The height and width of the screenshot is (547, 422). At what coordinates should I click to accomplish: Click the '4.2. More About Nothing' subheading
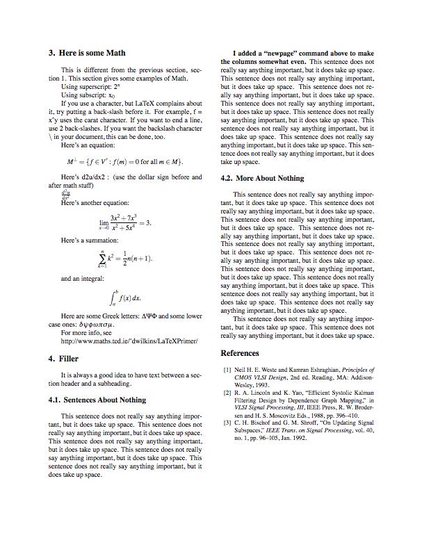point(261,178)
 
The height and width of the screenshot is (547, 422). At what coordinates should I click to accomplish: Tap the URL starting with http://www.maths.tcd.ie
point(129,341)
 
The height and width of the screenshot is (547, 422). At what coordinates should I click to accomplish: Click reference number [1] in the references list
point(227,370)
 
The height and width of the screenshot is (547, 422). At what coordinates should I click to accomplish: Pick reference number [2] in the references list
point(227,393)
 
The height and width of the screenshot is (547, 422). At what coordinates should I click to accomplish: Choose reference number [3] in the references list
point(227,423)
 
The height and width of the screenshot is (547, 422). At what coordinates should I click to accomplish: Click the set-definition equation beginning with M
point(125,162)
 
